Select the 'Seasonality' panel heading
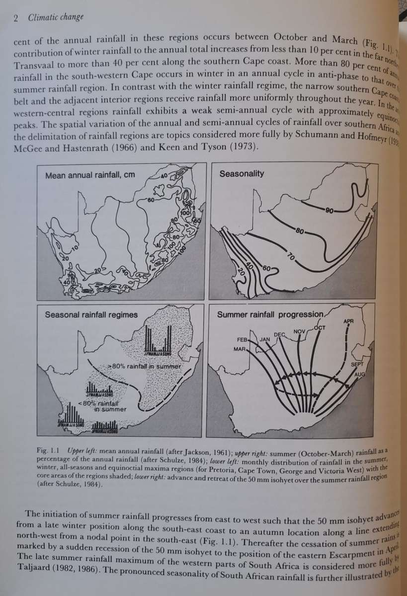(x=242, y=173)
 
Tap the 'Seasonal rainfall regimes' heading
(x=91, y=314)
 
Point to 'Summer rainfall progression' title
(x=270, y=315)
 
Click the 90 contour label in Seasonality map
(x=329, y=211)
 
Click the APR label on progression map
(x=348, y=321)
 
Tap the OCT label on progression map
(x=320, y=328)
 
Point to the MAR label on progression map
(x=240, y=349)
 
